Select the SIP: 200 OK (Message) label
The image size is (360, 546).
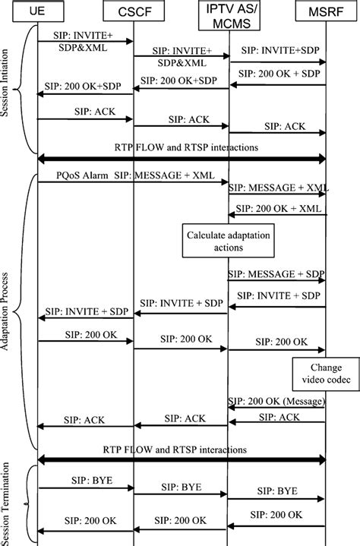pos(275,399)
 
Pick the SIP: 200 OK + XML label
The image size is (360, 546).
pos(277,207)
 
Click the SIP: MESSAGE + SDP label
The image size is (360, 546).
pos(276,273)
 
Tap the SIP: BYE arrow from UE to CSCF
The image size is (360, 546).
pos(85,488)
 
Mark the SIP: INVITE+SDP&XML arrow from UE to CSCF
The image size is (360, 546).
pos(85,43)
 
